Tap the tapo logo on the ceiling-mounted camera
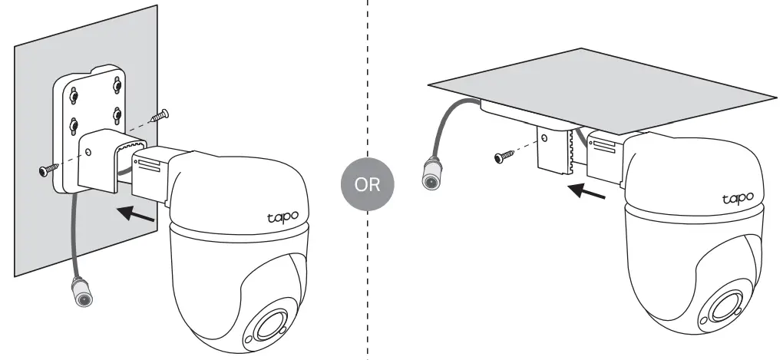pos(737,199)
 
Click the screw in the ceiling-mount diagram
pos(503,157)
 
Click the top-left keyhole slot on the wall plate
pos(74,95)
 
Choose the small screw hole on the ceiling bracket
pos(544,139)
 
